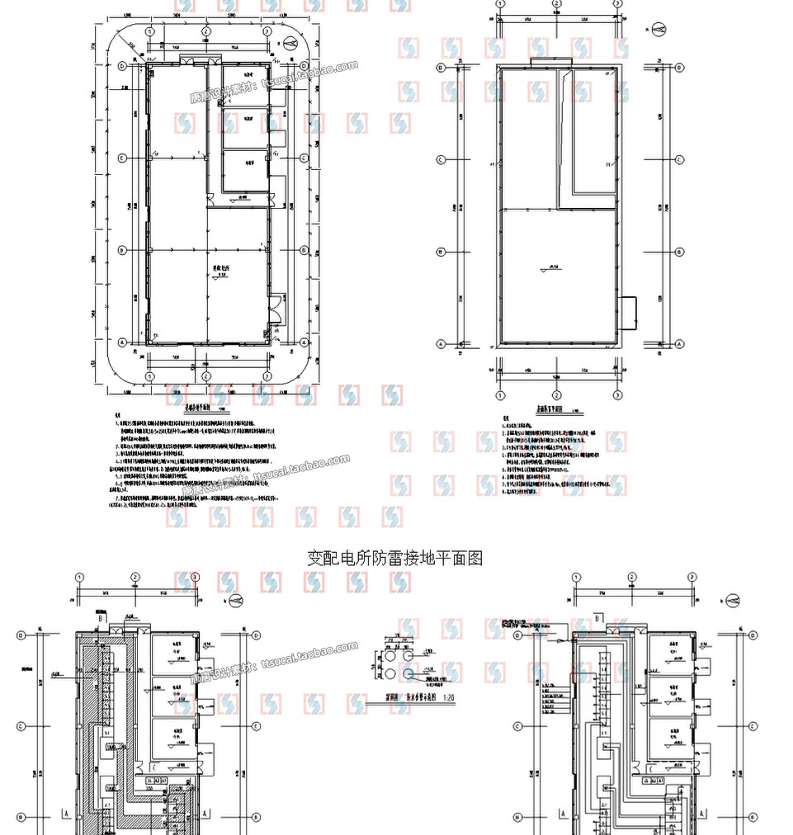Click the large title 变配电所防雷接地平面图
(394, 559)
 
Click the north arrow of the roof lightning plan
(659, 31)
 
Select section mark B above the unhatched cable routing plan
(597, 617)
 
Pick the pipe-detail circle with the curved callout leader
(408, 673)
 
